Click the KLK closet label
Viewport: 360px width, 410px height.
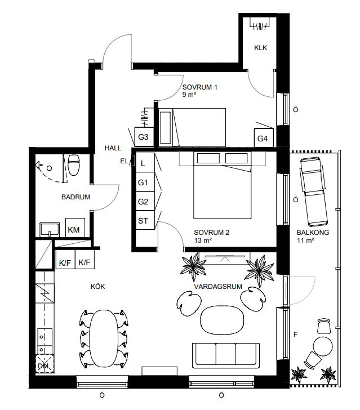261,47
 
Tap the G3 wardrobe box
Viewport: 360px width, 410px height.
144,137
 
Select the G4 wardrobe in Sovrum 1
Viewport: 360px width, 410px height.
264,137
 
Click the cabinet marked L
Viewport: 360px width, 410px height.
145,163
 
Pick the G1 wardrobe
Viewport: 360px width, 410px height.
145,182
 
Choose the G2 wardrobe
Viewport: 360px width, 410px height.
145,201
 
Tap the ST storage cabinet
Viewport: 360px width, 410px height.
145,220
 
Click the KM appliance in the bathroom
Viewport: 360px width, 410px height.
75,228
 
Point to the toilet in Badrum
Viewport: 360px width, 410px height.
73,165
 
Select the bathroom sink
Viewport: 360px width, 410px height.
50,229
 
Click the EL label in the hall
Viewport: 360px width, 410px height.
125,161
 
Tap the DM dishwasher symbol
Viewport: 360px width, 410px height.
45,363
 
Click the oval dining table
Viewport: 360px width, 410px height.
104,338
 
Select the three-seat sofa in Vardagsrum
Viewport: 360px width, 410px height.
226,355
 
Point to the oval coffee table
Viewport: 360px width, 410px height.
222,320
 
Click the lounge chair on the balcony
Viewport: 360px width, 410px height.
314,191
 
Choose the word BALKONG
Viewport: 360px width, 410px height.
313,232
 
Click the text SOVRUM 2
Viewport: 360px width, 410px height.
211,232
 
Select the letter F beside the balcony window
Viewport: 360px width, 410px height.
296,334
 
